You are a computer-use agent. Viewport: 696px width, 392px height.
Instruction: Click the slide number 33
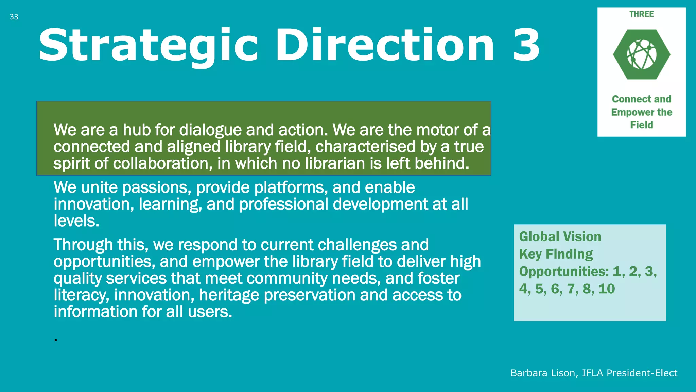[14, 17]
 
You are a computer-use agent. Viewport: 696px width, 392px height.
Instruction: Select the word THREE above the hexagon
[641, 14]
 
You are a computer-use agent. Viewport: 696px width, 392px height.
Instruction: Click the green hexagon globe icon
[642, 54]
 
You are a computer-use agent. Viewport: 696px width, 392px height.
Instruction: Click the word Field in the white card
[642, 125]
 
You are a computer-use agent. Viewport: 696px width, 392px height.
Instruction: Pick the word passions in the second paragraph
[157, 188]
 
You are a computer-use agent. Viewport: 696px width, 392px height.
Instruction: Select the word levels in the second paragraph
[76, 221]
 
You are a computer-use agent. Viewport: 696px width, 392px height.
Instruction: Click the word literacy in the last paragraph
[81, 295]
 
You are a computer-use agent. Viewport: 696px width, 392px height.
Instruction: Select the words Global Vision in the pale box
[560, 236]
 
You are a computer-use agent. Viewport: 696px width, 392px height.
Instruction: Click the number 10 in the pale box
[607, 289]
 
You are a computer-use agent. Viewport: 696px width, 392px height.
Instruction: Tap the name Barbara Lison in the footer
[543, 373]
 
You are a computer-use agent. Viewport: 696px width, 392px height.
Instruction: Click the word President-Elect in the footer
[642, 373]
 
